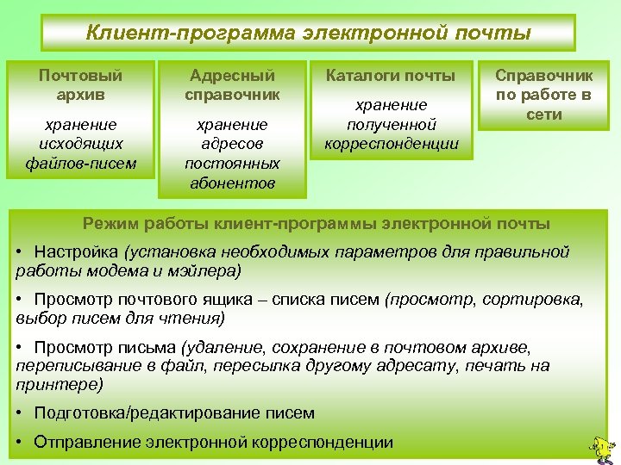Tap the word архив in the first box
click(81, 93)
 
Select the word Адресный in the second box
click(232, 76)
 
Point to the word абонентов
click(232, 182)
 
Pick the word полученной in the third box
click(391, 124)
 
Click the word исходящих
click(81, 143)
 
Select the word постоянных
click(232, 163)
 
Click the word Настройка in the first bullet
click(77, 251)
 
